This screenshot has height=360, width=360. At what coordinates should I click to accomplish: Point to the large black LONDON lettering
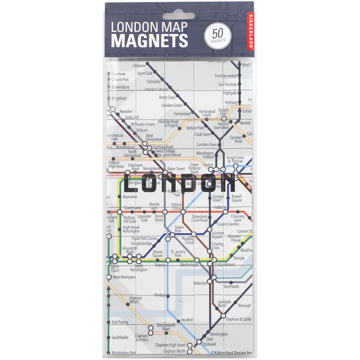[x=179, y=183]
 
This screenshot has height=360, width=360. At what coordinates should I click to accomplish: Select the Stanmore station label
[x=118, y=74]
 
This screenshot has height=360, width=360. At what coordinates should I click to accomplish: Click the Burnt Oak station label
[x=145, y=73]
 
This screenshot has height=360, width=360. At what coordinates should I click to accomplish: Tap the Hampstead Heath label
[x=207, y=113]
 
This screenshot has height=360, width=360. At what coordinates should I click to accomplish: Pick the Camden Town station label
[x=207, y=144]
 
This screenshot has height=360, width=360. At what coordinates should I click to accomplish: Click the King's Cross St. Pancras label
[x=235, y=159]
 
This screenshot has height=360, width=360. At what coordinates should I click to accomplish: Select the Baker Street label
[x=176, y=168]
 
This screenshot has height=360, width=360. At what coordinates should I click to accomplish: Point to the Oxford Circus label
[x=176, y=207]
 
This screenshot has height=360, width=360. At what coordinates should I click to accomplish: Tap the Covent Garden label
[x=228, y=224]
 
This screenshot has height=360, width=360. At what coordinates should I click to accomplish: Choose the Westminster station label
[x=189, y=265]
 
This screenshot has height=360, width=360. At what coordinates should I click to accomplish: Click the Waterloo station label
[x=200, y=283]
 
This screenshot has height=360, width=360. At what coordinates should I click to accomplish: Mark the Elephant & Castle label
[x=238, y=319]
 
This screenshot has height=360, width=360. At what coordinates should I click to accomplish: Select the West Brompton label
[x=124, y=277]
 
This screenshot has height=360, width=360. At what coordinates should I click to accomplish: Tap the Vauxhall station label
[x=187, y=320]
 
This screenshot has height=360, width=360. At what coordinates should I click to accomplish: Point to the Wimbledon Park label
[x=123, y=352]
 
